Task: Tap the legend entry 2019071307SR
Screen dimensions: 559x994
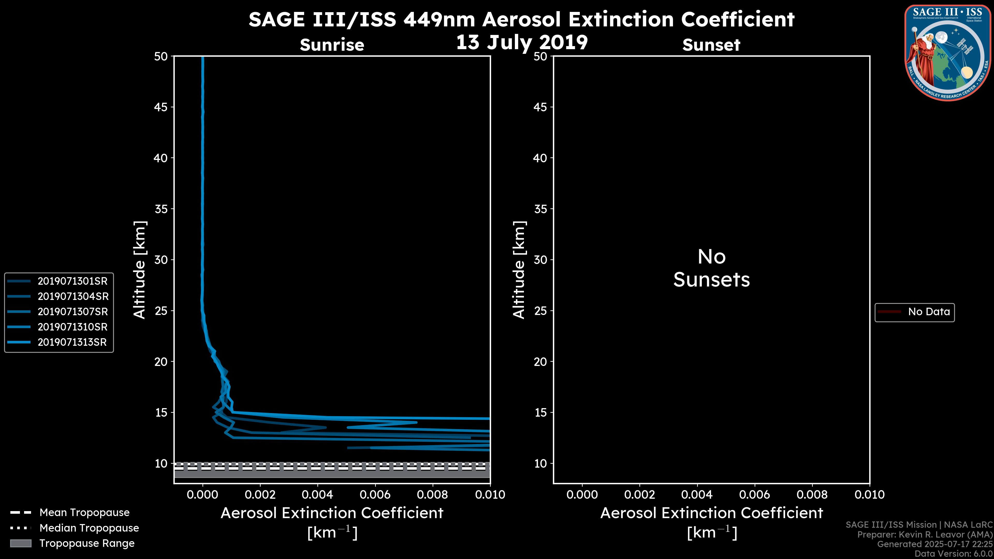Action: [72, 312]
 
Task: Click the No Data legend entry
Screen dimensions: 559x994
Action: [929, 312]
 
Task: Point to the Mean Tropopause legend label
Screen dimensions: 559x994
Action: [84, 513]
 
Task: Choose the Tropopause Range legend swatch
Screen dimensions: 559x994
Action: [20, 543]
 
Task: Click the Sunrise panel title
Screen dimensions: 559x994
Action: [332, 45]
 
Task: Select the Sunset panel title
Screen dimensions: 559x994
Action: [711, 45]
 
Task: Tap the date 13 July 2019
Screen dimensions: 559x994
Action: [522, 42]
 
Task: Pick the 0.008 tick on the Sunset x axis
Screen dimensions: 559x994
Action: [813, 495]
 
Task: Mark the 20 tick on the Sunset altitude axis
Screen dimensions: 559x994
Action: [540, 362]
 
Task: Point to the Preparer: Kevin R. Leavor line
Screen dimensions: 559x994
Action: [925, 535]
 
